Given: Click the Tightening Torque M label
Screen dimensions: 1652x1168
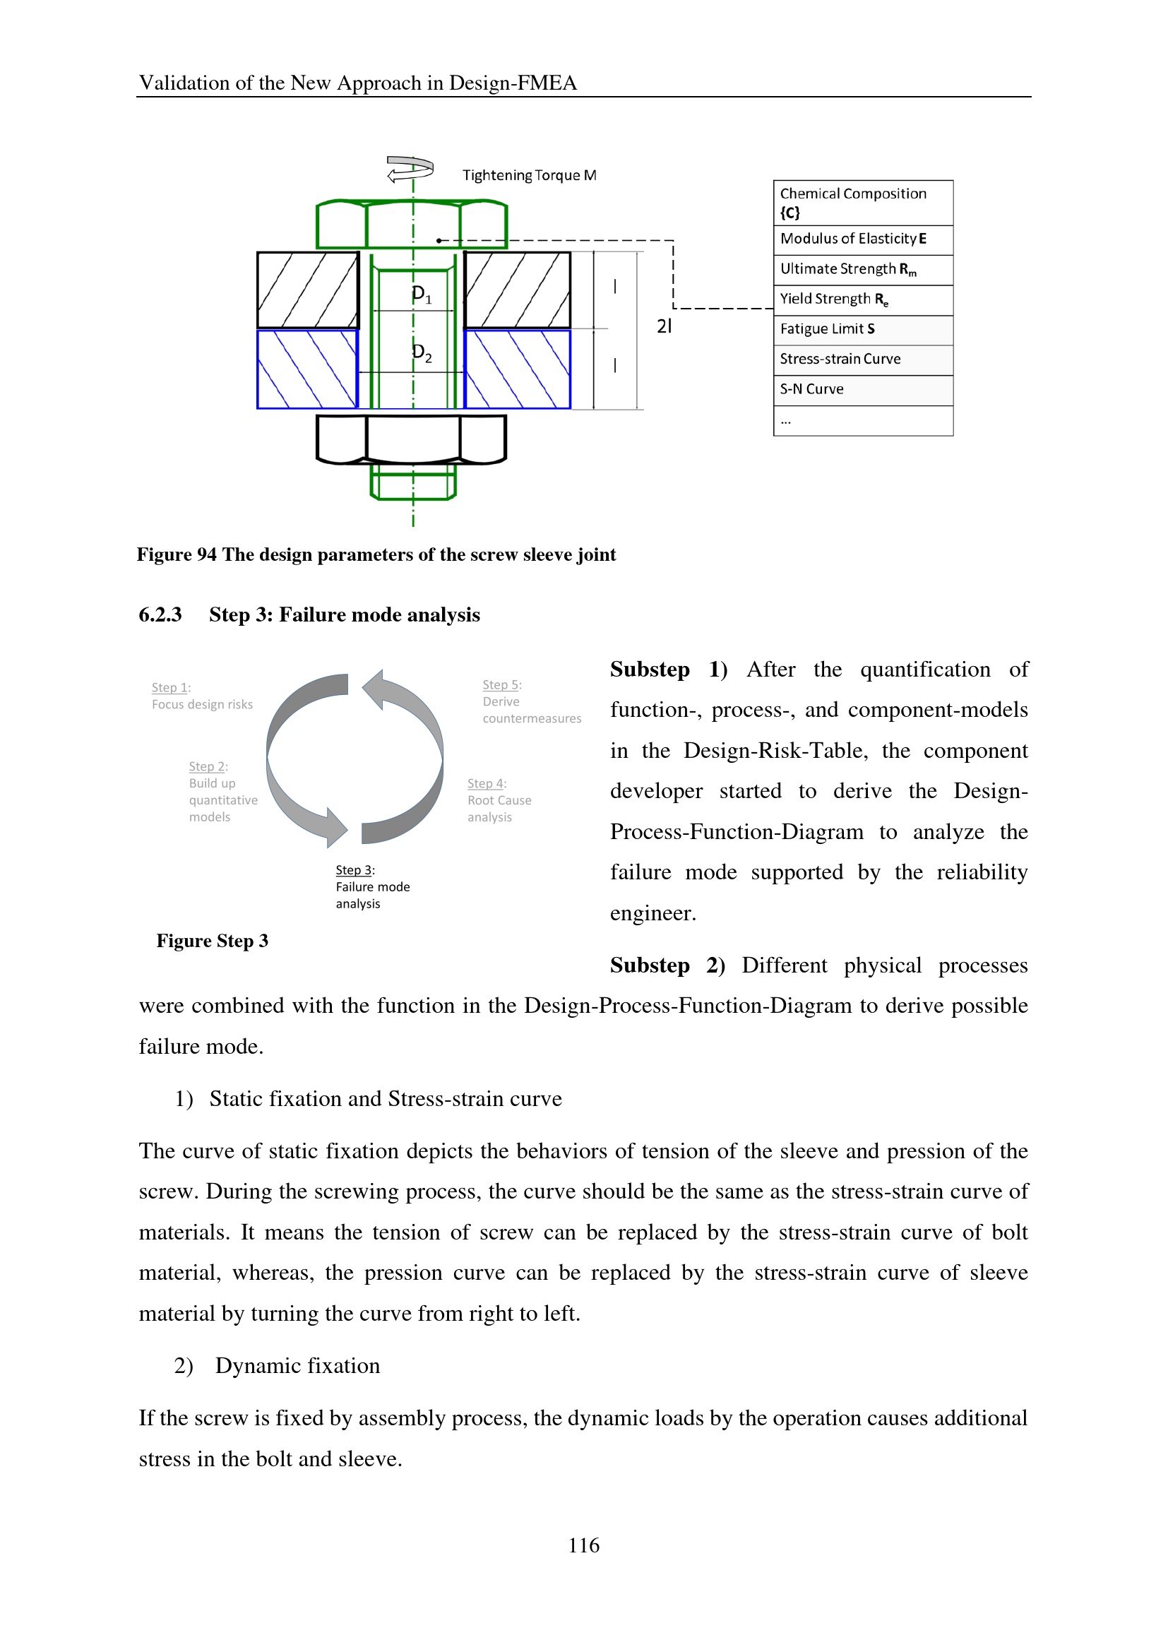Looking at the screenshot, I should tap(529, 176).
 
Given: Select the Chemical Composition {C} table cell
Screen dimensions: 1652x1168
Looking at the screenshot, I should tap(862, 203).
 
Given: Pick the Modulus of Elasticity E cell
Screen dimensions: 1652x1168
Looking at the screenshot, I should tap(862, 239).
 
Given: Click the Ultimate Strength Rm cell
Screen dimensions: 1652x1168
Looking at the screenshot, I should tap(862, 269).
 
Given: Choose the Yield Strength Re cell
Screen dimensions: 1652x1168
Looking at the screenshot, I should tap(862, 299).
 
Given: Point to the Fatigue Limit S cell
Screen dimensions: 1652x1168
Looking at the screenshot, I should tap(862, 330).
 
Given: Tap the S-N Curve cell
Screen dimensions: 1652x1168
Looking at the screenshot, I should tap(862, 389).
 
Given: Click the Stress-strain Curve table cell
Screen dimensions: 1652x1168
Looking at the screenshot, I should tap(862, 359).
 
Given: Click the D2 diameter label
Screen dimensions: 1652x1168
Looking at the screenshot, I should tap(422, 353).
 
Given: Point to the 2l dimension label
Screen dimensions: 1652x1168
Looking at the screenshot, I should tap(664, 327).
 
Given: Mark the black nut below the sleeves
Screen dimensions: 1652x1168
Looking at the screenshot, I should tap(412, 439).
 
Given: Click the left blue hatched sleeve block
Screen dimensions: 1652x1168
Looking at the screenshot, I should tap(308, 369).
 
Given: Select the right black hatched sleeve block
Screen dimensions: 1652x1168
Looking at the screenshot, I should tap(517, 290).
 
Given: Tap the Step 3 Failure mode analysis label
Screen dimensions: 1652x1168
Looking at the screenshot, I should tap(372, 887).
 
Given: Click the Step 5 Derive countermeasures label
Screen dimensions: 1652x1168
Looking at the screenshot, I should tap(531, 701).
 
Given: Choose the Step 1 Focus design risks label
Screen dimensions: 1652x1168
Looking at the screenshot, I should tap(202, 696).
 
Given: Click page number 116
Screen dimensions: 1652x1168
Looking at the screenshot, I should tap(583, 1545).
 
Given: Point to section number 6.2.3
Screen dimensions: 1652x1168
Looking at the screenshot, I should tap(160, 615).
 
